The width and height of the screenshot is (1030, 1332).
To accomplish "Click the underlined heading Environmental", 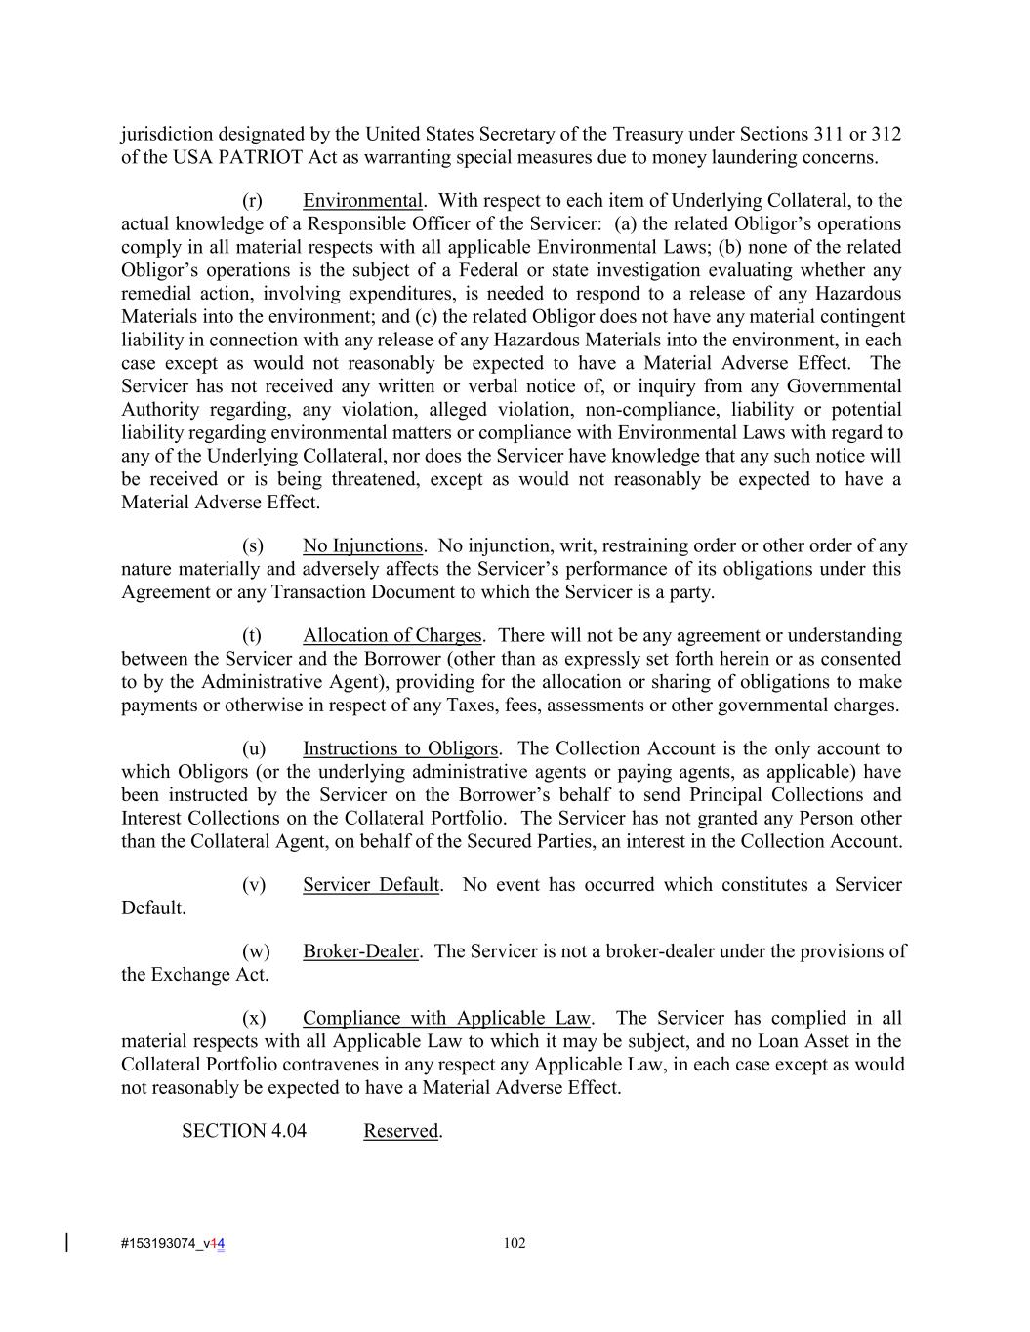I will pyautogui.click(x=362, y=201).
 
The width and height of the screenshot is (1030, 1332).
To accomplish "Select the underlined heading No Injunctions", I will pyautogui.click(x=362, y=545).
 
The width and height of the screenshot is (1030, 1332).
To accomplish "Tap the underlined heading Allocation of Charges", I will pyautogui.click(x=391, y=635).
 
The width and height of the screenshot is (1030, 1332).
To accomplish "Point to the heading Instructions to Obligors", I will pyautogui.click(x=400, y=748).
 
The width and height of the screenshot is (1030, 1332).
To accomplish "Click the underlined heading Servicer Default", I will pyautogui.click(x=371, y=885).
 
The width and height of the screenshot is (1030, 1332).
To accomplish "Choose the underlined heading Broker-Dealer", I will pyautogui.click(x=360, y=951).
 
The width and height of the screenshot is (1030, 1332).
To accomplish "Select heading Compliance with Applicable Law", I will pyautogui.click(x=447, y=1018).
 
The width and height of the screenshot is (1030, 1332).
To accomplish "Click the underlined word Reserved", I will pyautogui.click(x=400, y=1131).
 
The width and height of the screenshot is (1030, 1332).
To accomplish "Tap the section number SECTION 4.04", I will pyautogui.click(x=244, y=1131).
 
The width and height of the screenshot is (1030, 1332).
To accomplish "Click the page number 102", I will pyautogui.click(x=515, y=1243).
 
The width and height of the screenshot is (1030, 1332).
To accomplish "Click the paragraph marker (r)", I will pyautogui.click(x=253, y=201).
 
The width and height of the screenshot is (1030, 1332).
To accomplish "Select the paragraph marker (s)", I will pyautogui.click(x=253, y=545).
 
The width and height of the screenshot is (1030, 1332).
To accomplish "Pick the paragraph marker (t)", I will pyautogui.click(x=252, y=635).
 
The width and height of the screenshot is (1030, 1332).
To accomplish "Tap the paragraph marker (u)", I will pyautogui.click(x=254, y=748).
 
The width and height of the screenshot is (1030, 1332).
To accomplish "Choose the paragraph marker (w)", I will pyautogui.click(x=256, y=951).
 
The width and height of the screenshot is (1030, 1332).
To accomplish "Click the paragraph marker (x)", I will pyautogui.click(x=254, y=1018).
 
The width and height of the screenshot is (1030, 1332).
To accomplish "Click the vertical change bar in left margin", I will pyautogui.click(x=66, y=1242).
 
